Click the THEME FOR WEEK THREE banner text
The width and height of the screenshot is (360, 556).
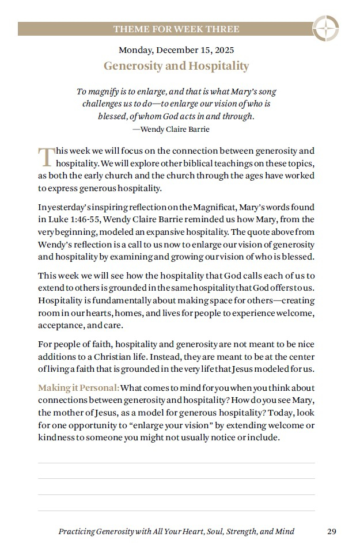(x=176, y=29)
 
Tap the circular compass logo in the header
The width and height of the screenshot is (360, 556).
(x=325, y=28)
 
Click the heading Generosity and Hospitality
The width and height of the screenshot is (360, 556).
(x=176, y=66)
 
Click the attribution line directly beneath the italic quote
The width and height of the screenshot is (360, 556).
(x=171, y=130)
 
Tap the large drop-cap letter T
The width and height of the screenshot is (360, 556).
(x=46, y=156)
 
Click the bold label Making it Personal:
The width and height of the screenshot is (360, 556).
(x=79, y=387)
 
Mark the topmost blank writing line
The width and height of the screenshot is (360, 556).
(x=176, y=463)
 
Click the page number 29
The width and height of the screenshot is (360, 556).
(x=331, y=532)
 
